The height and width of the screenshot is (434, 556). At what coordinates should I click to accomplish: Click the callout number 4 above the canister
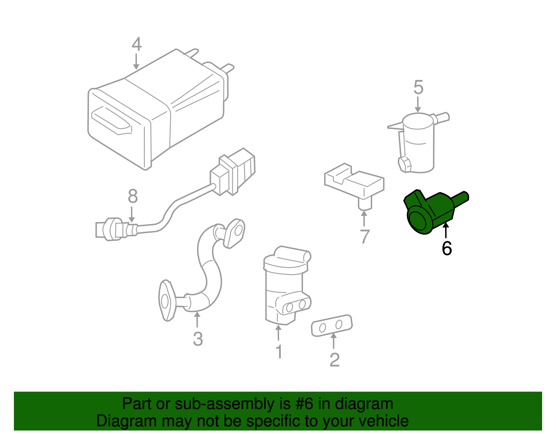click(x=137, y=44)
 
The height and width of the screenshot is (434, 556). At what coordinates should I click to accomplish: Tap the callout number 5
click(x=418, y=87)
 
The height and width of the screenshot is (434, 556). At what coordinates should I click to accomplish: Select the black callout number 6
click(x=447, y=248)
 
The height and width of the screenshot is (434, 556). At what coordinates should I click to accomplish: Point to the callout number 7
click(x=364, y=236)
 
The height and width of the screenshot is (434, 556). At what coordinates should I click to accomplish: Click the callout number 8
click(x=133, y=196)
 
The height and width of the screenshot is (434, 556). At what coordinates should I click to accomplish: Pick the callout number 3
click(x=198, y=339)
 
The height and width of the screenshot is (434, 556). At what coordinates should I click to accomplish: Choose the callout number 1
click(x=279, y=352)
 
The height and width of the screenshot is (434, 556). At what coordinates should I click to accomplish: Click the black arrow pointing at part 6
click(x=446, y=231)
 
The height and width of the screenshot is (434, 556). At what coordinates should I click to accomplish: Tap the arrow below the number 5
click(x=418, y=104)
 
